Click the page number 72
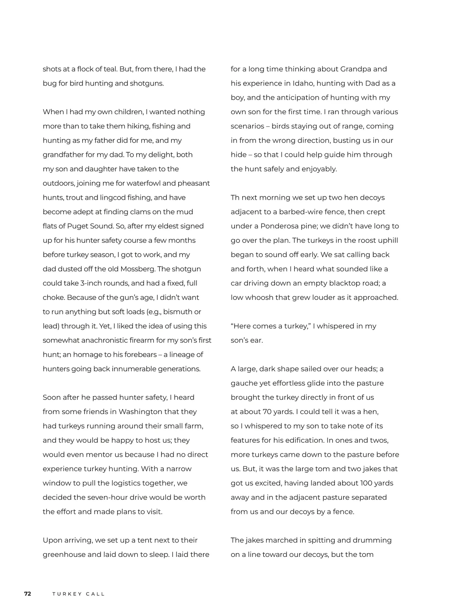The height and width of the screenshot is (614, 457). click(27, 594)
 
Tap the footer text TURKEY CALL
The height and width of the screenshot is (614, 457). click(78, 594)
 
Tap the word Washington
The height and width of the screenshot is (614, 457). click(141, 412)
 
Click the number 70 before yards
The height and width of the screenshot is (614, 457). click(267, 412)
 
